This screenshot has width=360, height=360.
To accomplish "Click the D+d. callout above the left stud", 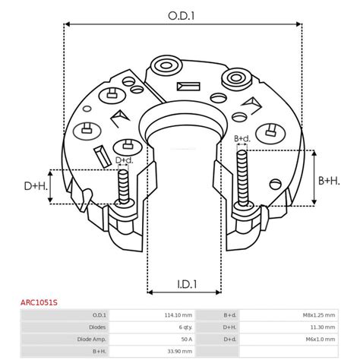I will pos(124,160).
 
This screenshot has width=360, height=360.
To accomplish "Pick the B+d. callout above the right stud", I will pos(242,138).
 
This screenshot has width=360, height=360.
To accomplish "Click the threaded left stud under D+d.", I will pos(122,186).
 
